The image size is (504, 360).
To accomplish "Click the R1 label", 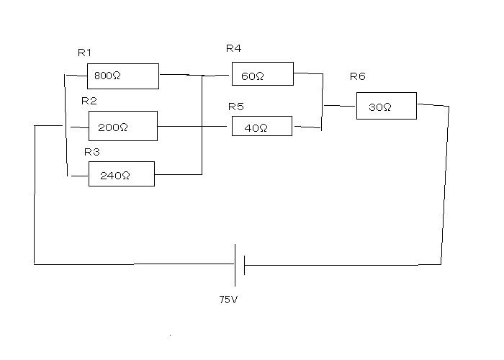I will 85,53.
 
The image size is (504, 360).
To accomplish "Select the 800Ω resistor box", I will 122,76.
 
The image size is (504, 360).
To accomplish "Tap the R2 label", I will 89,101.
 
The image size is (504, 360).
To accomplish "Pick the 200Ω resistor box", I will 122,126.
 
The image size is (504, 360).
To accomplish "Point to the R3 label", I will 91,152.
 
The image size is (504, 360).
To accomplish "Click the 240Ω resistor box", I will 121,174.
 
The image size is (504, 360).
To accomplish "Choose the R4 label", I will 233,49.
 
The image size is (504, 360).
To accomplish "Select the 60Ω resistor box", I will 262,74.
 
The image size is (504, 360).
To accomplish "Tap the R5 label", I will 236,107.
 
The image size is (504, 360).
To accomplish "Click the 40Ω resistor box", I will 261,127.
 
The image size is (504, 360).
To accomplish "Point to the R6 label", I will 357,76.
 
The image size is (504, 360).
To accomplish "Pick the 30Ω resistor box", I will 386,106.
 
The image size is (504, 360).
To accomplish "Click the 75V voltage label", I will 228,299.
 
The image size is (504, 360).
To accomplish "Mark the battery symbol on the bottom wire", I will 240,264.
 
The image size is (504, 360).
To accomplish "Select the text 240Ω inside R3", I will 115,175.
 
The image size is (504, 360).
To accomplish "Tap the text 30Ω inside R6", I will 379,107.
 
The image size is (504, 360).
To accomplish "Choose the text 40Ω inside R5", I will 255,128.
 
